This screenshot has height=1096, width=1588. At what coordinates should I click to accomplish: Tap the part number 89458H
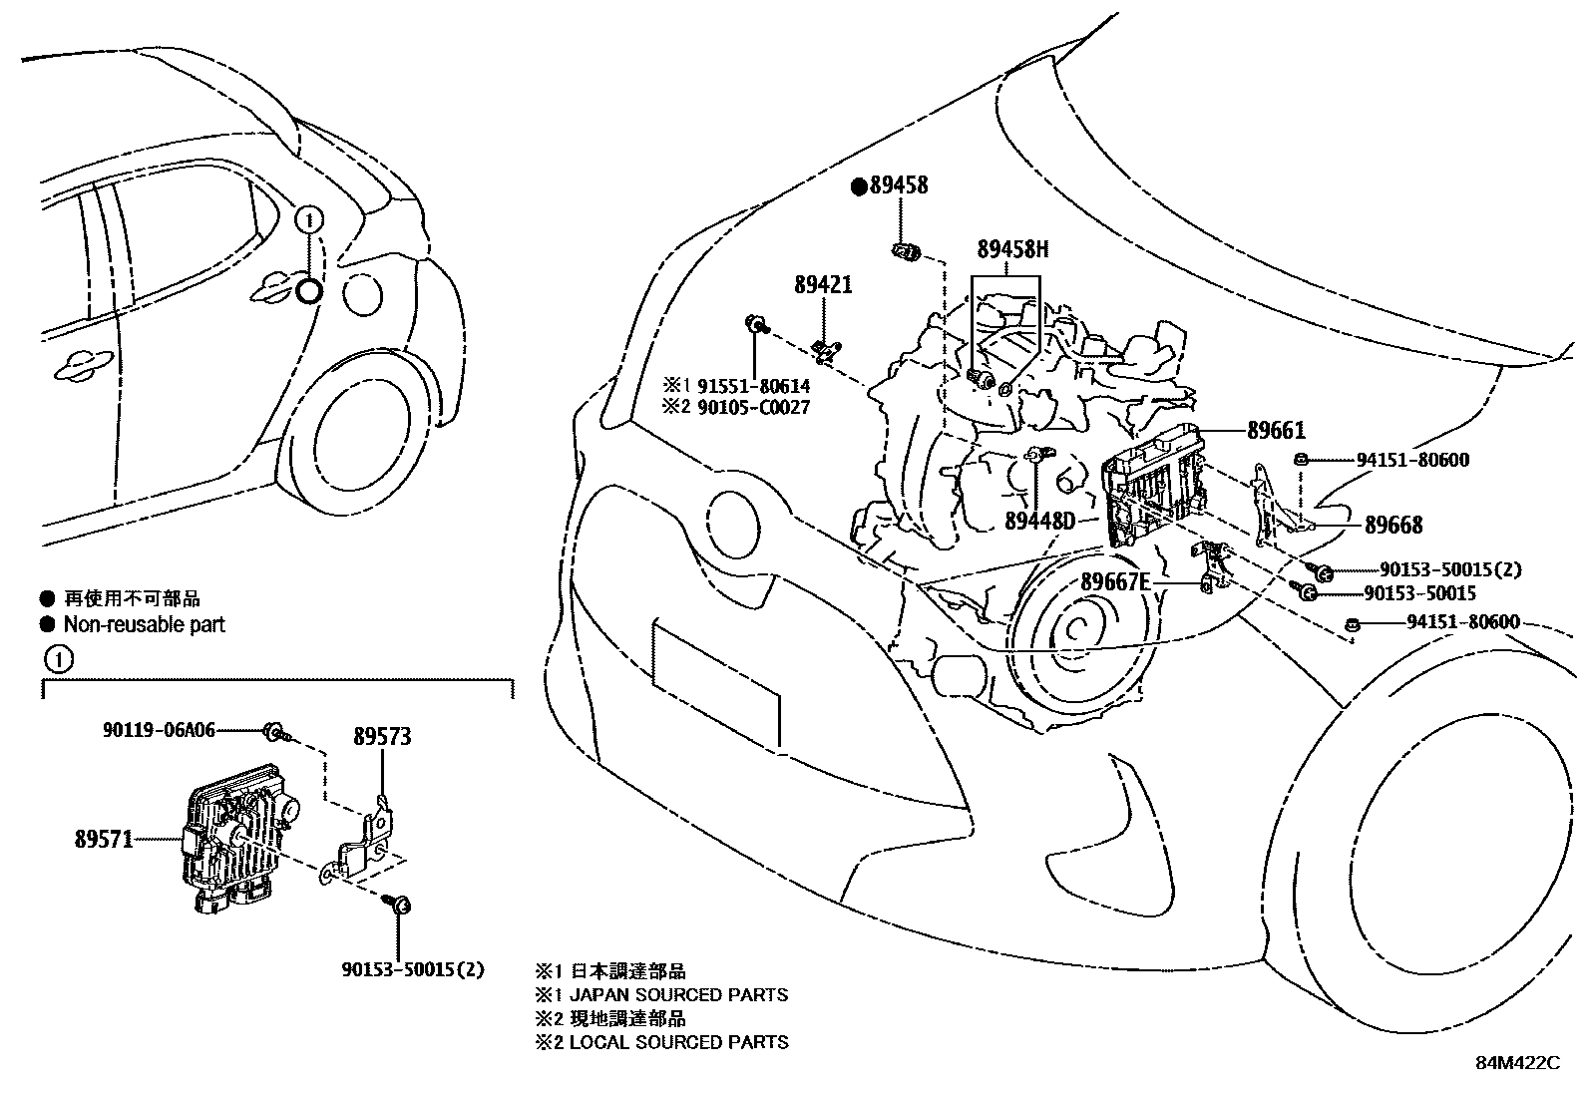tap(1012, 249)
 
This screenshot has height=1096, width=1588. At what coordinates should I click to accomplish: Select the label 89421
tap(823, 285)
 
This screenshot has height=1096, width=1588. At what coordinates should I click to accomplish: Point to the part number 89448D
tap(1039, 521)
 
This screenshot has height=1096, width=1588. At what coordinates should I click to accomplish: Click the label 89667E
tap(1115, 582)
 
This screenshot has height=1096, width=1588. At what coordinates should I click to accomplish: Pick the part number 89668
tap(1393, 525)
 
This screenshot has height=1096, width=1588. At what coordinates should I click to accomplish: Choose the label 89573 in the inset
tap(382, 737)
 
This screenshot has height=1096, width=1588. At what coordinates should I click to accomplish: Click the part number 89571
tap(103, 840)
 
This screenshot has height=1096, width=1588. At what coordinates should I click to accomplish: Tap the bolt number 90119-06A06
tap(159, 730)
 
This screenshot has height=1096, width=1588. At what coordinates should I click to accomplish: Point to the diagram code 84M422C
tap(1517, 1063)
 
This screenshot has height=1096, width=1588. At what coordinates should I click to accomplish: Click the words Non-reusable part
tap(144, 625)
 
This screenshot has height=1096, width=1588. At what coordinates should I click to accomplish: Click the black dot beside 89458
tap(858, 185)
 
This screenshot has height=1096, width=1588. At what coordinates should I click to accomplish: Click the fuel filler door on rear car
tap(361, 293)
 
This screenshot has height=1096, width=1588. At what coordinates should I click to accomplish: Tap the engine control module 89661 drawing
tap(1153, 489)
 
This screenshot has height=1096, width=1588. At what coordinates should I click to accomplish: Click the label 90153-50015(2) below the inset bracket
tap(412, 968)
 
